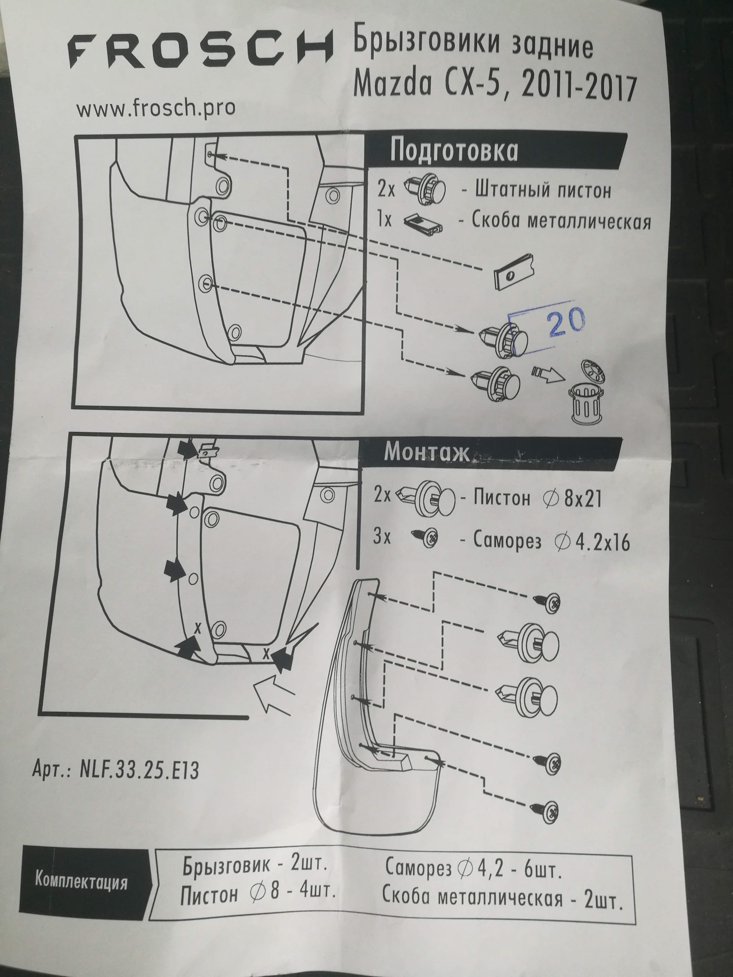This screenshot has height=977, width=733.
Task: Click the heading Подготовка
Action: (454, 151)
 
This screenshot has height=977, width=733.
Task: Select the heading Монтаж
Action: (427, 451)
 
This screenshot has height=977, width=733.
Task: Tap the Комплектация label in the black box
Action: (81, 881)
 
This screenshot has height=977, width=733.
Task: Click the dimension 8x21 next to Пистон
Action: (582, 499)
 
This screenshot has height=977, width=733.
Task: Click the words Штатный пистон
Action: (543, 190)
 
